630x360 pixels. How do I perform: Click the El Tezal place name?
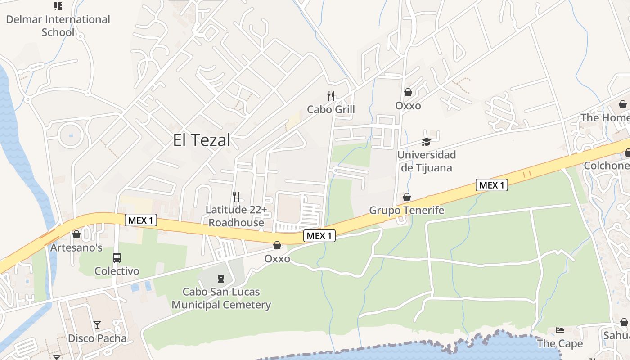click(x=202, y=140)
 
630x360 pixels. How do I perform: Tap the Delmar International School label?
click(x=58, y=26)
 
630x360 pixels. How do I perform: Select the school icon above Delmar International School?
click(x=58, y=6)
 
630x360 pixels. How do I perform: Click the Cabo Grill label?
click(x=331, y=109)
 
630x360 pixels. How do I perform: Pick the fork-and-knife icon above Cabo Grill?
click(x=331, y=96)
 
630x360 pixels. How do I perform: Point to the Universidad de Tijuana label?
click(x=426, y=161)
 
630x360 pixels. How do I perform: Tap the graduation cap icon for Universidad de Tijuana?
click(x=426, y=142)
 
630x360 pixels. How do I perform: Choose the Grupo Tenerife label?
click(x=406, y=210)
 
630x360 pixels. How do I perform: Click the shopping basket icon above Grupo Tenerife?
click(x=407, y=197)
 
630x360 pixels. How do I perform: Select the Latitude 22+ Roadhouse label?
click(x=236, y=216)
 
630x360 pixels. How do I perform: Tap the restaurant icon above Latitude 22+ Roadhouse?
click(x=236, y=196)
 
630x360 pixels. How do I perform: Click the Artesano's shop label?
click(x=76, y=247)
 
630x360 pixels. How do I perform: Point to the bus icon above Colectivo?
click(x=117, y=258)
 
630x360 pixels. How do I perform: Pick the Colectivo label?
click(x=117, y=271)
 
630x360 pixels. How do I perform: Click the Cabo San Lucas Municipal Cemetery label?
click(x=221, y=298)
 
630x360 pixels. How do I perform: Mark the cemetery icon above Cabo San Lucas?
click(x=221, y=279)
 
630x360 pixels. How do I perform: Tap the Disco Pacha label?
click(x=97, y=338)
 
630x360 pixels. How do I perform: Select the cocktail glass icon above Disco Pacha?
click(x=97, y=324)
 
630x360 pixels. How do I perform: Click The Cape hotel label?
click(x=560, y=343)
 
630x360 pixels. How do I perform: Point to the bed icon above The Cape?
click(x=560, y=330)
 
